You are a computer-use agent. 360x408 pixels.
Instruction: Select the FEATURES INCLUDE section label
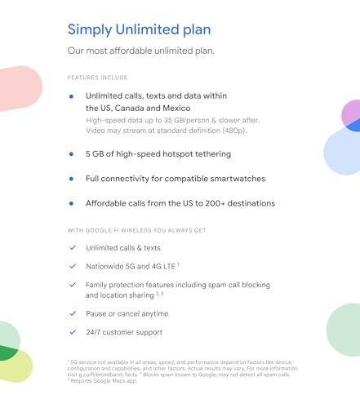[x=97, y=78]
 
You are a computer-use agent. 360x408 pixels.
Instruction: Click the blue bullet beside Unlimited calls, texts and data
[x=72, y=96]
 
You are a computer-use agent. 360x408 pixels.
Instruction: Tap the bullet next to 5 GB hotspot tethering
[x=72, y=153]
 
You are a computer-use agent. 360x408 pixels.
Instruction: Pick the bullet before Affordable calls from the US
[x=72, y=203]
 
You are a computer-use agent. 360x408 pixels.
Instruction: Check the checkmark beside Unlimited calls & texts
[x=73, y=247]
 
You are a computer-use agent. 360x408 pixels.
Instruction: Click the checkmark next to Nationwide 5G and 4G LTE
[x=73, y=266]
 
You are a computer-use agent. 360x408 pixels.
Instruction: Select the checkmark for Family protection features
[x=73, y=285]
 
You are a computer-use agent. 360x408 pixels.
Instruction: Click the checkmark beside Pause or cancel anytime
[x=73, y=313]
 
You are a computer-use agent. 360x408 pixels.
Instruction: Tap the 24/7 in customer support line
[x=96, y=332]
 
